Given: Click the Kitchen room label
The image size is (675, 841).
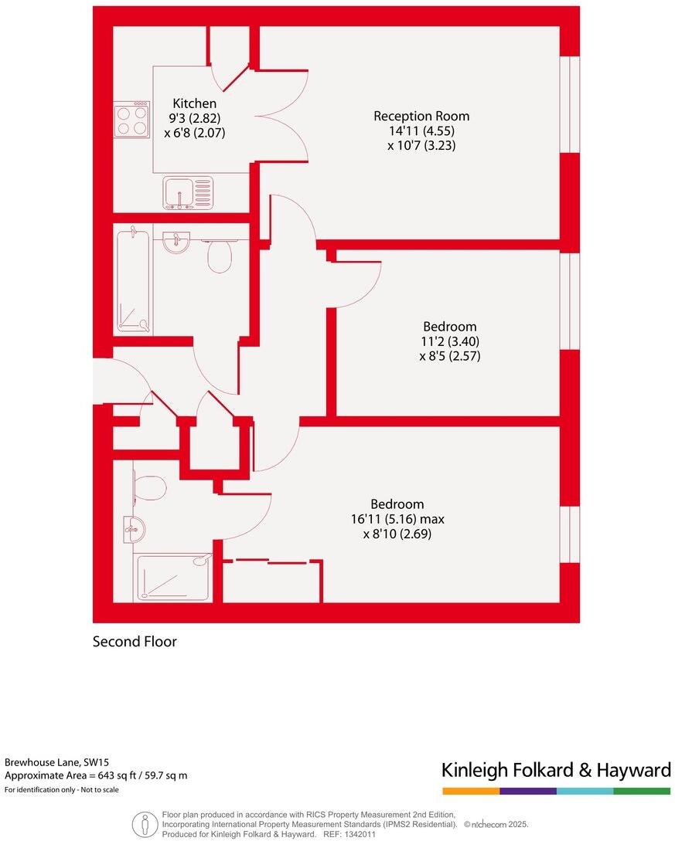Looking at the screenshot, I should pos(194,103).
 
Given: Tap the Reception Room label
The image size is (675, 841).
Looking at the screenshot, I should pos(421,116).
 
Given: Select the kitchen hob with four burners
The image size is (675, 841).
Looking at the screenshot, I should pos(131,120).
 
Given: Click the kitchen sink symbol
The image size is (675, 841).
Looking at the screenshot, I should pos(188,193).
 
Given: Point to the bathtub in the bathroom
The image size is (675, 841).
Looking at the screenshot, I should pos(133,280).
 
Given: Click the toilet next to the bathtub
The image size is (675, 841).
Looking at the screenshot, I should pos(220,256).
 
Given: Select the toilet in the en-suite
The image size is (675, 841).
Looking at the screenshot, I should pos(148,488).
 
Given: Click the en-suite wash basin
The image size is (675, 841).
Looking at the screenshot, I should pos(135,530).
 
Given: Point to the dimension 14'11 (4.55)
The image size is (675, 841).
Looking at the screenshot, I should pos(421,131).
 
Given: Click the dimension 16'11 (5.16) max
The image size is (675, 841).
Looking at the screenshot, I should pos(397,519).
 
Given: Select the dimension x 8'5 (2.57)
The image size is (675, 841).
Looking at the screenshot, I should pos(449,356).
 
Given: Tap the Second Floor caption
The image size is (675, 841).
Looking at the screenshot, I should pos(135,642).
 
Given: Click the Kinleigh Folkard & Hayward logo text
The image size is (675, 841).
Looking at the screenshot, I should pos(556,770).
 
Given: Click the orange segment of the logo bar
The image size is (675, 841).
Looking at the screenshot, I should pos(471,791).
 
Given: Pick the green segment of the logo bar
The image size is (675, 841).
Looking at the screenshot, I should pos(642,791).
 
